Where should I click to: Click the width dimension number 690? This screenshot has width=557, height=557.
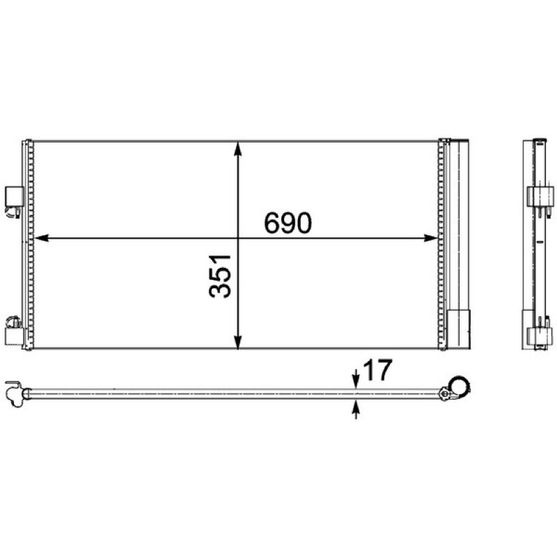click(x=288, y=223)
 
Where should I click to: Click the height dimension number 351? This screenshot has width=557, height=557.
click(x=220, y=276)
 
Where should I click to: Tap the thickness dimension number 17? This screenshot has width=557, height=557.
click(x=377, y=370)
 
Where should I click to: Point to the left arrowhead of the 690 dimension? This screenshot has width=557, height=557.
click(x=41, y=238)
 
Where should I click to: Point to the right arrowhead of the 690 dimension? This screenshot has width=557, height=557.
click(x=430, y=238)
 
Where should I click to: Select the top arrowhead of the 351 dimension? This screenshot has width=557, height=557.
click(x=238, y=149)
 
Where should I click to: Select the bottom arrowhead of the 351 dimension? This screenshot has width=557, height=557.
click(x=238, y=341)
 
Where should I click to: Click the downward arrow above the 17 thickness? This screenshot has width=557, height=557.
click(x=356, y=379)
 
